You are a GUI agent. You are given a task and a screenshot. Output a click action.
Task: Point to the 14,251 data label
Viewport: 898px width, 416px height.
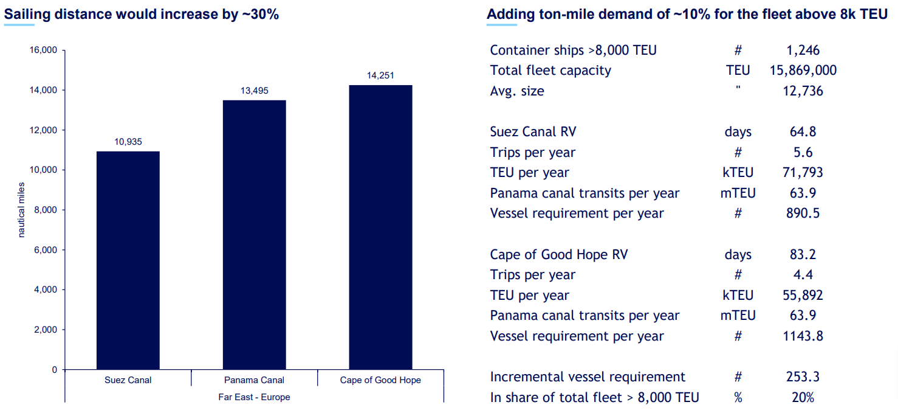point(380,75)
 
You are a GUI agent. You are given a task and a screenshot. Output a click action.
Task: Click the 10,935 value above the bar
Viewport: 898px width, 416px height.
point(128,142)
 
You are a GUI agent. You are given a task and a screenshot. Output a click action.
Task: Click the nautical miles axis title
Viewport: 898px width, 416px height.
point(22,210)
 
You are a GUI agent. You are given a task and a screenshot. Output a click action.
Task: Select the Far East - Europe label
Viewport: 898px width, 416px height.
point(254,397)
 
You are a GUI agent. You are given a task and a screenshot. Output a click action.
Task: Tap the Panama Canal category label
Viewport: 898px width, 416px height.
point(254,380)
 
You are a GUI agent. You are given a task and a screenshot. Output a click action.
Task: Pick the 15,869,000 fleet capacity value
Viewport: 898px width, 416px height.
point(803,71)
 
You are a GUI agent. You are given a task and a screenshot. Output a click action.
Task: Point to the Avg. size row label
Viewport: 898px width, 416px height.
point(517,91)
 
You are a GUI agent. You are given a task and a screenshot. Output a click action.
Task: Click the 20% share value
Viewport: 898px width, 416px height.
point(803,398)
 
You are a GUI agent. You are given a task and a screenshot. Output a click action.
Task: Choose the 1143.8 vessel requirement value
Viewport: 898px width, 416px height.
point(803,336)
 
